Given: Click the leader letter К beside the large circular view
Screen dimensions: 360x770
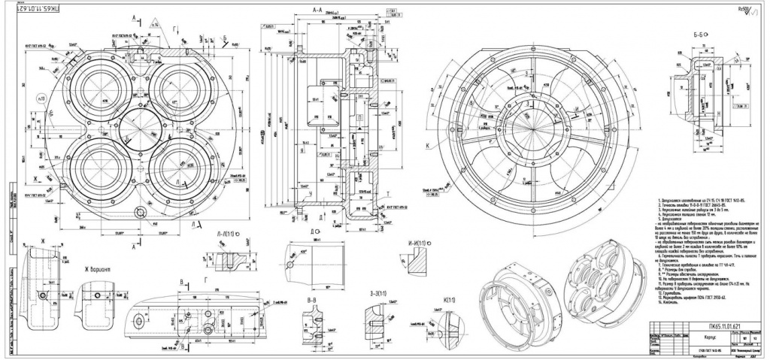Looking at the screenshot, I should pos(427,144).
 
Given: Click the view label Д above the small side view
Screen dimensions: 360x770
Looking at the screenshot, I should pos(302,231).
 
